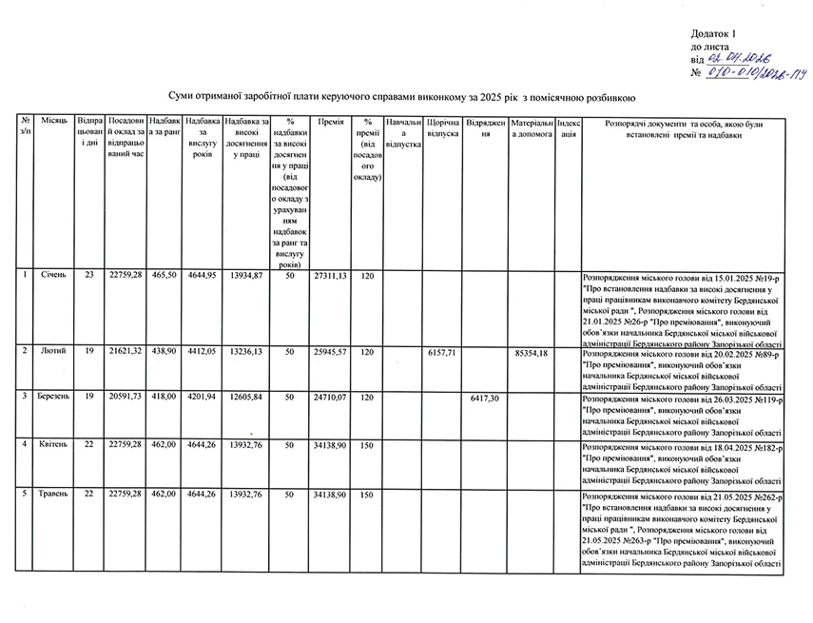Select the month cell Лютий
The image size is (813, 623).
click(x=53, y=352)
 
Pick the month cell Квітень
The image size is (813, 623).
click(x=53, y=445)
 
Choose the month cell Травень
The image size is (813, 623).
click(x=53, y=496)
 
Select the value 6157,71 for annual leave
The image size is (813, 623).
click(x=443, y=352)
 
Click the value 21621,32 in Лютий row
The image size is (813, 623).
click(x=126, y=352)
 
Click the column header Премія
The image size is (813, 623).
click(x=330, y=123)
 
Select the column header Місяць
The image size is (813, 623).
click(x=53, y=123)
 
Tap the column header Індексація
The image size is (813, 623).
click(x=568, y=128)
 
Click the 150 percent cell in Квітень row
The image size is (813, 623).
click(x=367, y=445)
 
